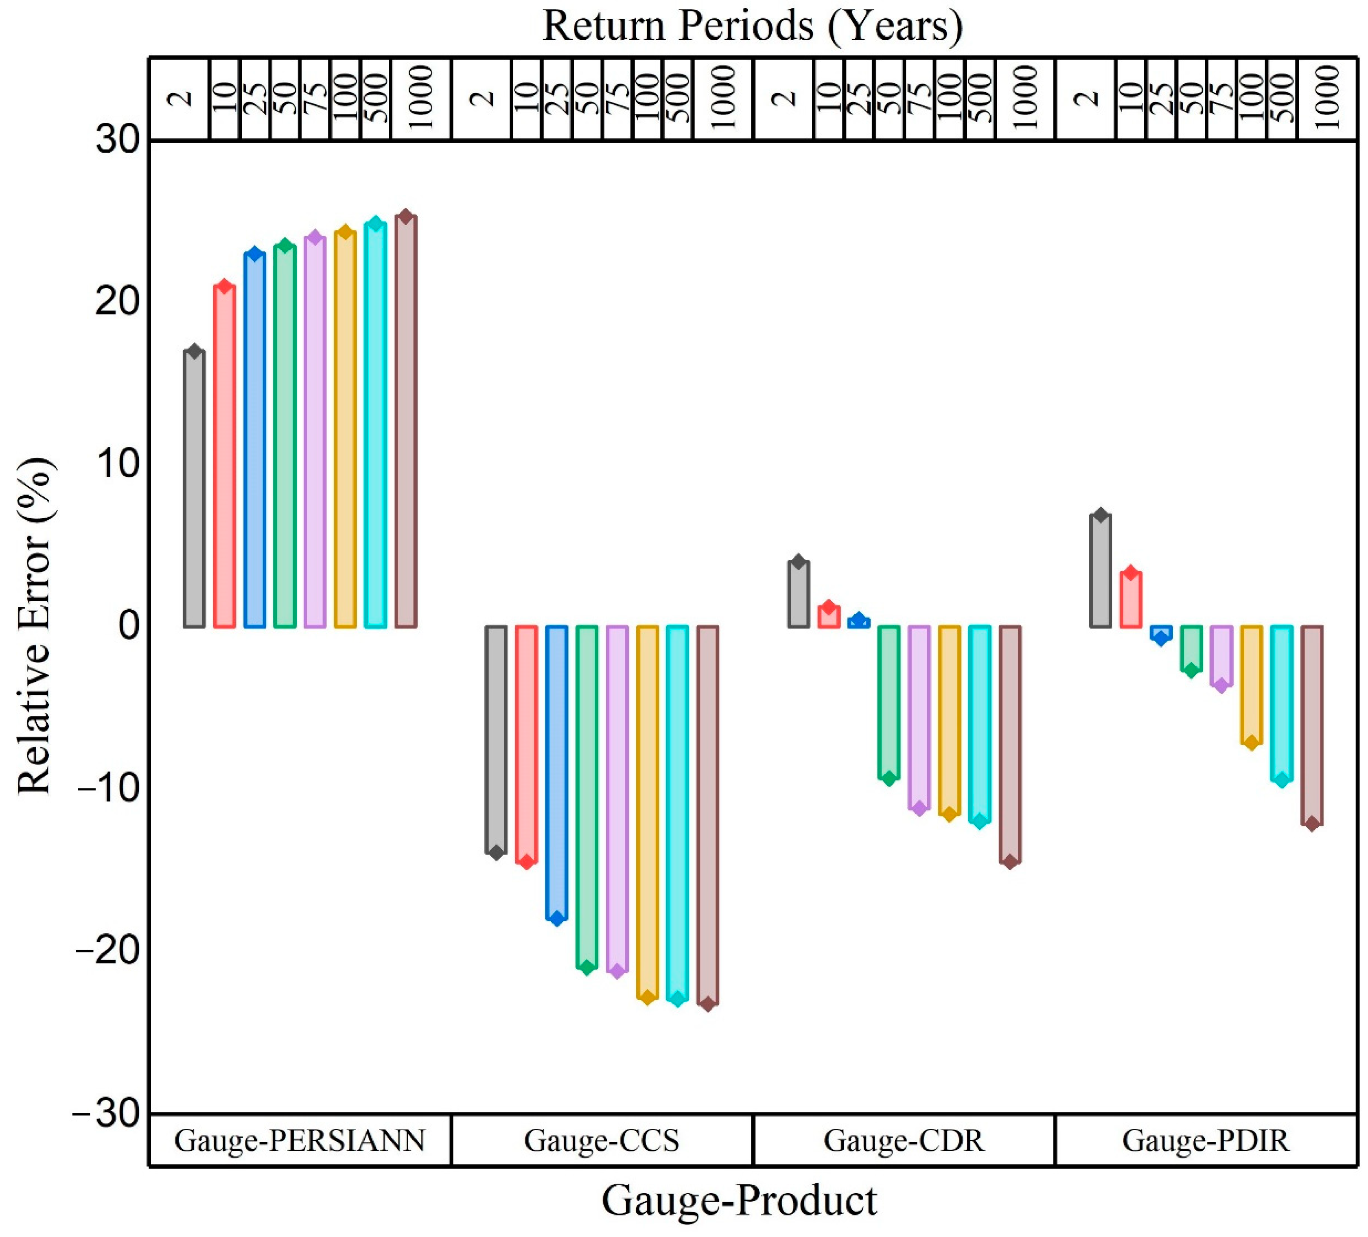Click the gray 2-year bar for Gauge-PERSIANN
coord(194,488)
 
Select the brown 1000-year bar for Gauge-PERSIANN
coord(406,421)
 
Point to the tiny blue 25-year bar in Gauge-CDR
coord(858,622)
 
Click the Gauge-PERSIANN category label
coord(299,1141)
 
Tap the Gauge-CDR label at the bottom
coord(904,1141)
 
